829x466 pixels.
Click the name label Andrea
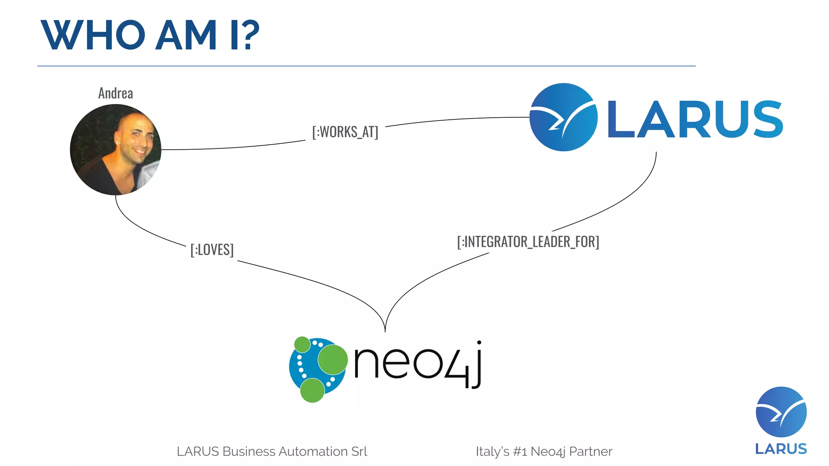point(116,93)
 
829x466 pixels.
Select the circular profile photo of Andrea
point(116,150)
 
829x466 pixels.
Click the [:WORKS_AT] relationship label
point(345,132)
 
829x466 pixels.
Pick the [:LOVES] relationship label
point(212,250)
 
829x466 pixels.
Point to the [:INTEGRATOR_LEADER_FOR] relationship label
point(528,242)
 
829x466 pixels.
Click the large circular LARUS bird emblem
point(563,117)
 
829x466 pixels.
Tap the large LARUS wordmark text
point(695,119)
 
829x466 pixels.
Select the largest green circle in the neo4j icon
point(333,359)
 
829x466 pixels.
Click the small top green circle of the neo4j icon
point(302,345)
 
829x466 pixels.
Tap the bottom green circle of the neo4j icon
point(312,390)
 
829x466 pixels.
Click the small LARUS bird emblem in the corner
point(781,412)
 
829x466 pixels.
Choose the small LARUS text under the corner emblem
point(781,449)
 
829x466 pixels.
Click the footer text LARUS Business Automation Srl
point(272,451)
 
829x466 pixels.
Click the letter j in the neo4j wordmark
point(476,364)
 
